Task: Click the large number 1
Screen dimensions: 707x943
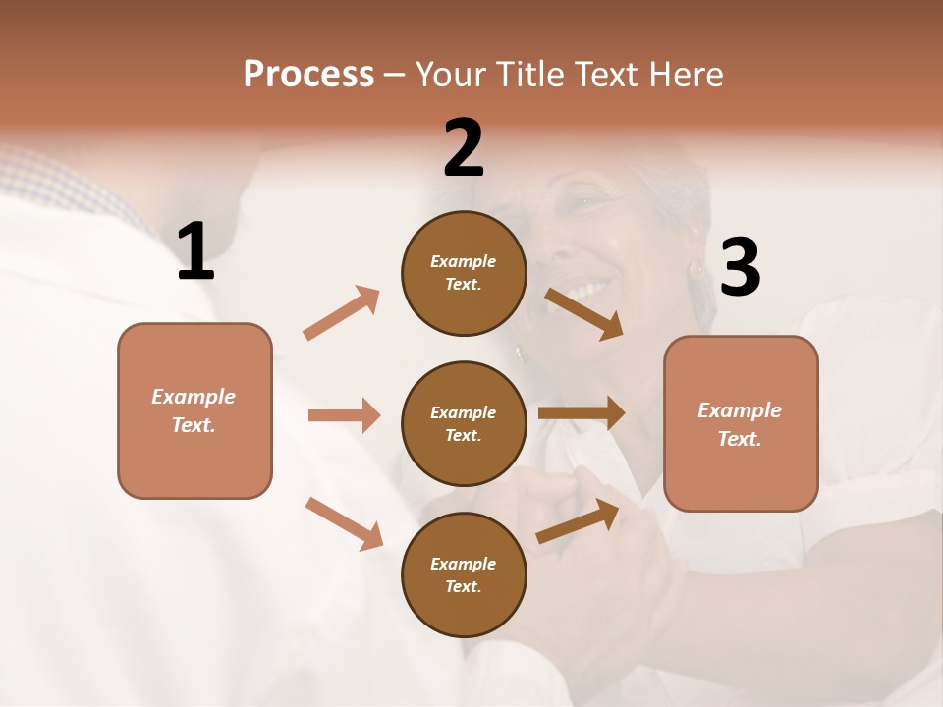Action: (195, 251)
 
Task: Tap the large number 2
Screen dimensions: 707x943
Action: (464, 148)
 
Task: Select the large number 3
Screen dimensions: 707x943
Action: (741, 267)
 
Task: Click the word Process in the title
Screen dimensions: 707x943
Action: (308, 75)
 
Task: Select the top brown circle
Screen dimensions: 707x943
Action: (464, 273)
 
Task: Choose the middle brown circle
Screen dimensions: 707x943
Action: (464, 423)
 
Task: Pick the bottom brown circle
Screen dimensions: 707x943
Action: (464, 574)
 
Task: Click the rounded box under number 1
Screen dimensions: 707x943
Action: (194, 410)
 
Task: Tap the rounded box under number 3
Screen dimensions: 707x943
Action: (741, 423)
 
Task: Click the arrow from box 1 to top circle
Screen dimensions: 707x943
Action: (342, 313)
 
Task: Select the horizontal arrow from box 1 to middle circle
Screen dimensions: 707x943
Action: (344, 415)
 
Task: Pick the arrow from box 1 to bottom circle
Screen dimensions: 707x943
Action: (344, 523)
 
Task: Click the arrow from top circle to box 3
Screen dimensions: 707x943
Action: (585, 313)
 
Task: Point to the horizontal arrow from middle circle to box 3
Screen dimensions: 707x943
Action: (582, 413)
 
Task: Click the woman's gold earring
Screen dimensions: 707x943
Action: (695, 268)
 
